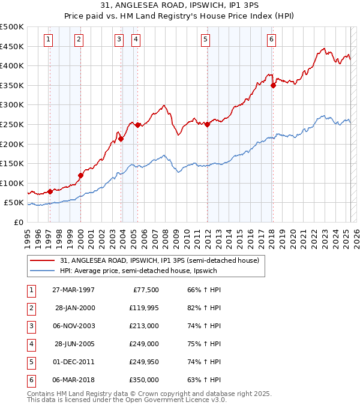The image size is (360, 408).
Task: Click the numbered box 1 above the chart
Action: [x=48, y=40]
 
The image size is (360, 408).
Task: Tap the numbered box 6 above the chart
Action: [x=272, y=40]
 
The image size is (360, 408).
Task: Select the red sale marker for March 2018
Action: [x=273, y=85]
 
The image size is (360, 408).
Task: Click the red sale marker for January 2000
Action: [x=80, y=175]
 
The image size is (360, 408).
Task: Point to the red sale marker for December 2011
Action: [x=207, y=124]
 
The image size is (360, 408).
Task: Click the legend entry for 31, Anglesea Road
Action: [x=159, y=260]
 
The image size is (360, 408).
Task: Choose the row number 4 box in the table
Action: [x=30, y=344]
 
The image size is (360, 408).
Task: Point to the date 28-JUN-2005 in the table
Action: [x=73, y=344]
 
